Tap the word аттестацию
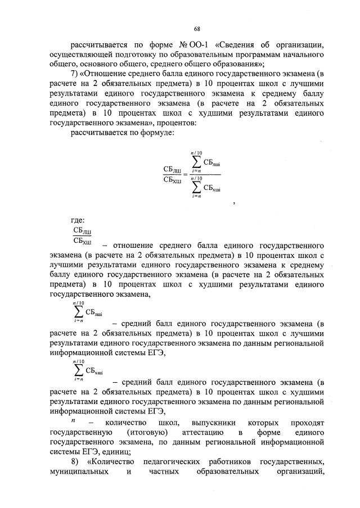coord(205,432)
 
